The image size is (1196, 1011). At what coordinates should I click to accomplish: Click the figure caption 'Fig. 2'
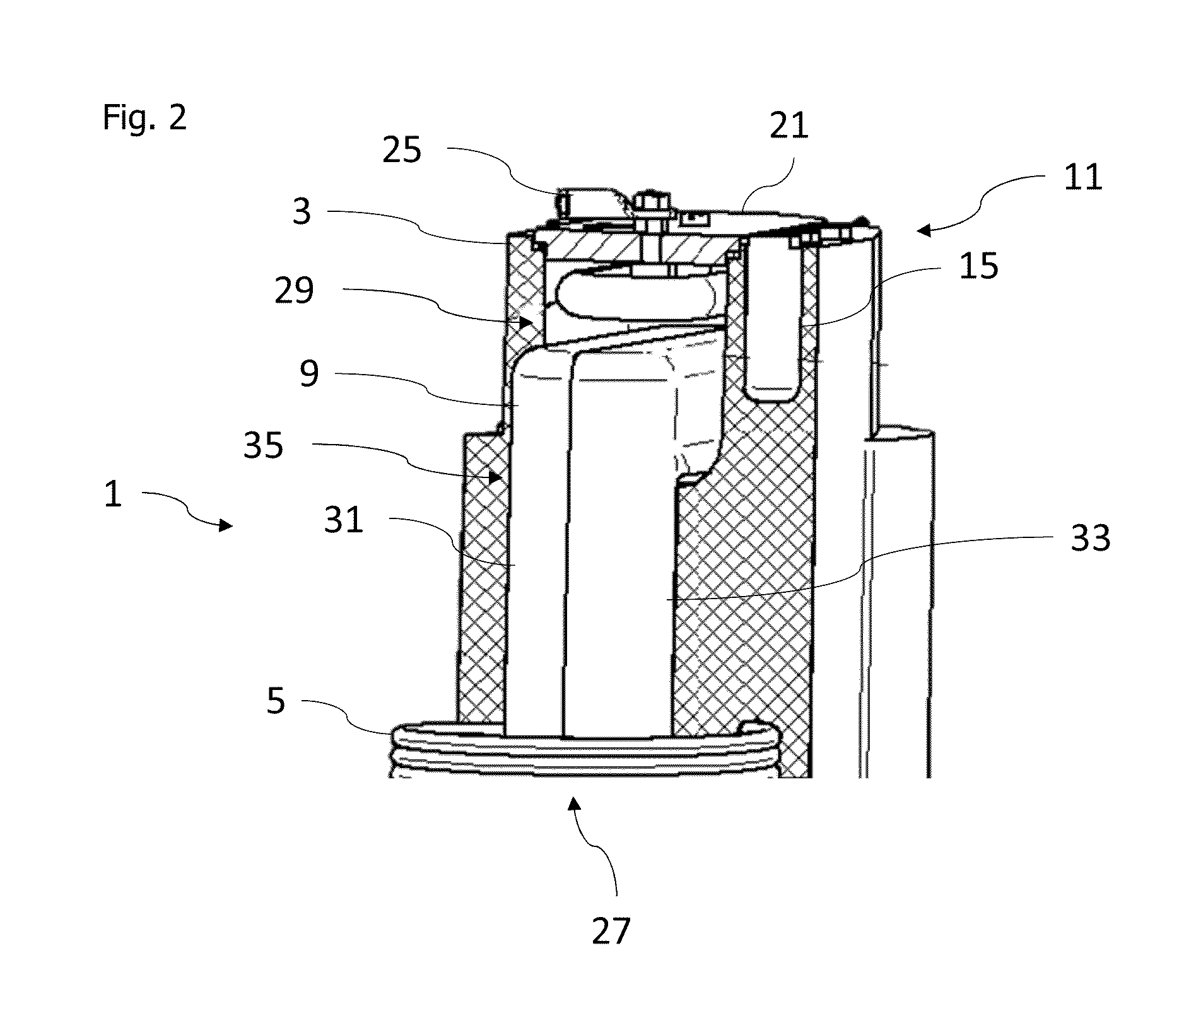(x=144, y=117)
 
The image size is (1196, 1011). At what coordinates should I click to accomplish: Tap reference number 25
(x=402, y=151)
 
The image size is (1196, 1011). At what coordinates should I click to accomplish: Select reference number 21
(x=789, y=126)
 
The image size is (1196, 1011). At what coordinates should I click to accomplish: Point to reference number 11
(x=1082, y=177)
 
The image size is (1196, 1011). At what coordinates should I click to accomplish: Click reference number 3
(x=302, y=212)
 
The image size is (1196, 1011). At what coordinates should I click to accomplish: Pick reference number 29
(x=294, y=291)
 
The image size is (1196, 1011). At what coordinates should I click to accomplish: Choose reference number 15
(x=978, y=266)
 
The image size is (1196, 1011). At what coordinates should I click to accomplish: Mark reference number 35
(x=264, y=447)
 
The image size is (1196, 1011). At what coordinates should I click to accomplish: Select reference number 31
(x=344, y=521)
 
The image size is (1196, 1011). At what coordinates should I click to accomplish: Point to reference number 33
(x=1091, y=539)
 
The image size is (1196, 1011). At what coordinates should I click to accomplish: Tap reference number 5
(x=276, y=701)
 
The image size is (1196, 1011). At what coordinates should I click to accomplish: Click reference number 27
(x=611, y=931)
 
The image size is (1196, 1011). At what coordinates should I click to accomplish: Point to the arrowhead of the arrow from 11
(x=922, y=231)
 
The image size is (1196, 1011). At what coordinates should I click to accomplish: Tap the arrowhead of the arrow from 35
(x=498, y=477)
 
